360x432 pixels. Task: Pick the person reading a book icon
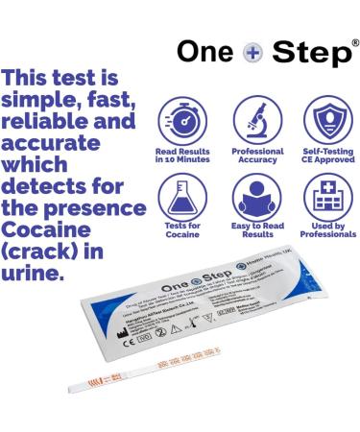pos(257,196)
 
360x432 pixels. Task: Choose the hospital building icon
pos(327,196)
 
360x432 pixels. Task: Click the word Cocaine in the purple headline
pos(43,231)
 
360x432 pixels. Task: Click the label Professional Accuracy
pos(257,156)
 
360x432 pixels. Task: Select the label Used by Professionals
pos(327,231)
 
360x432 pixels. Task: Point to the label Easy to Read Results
pos(257,231)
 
